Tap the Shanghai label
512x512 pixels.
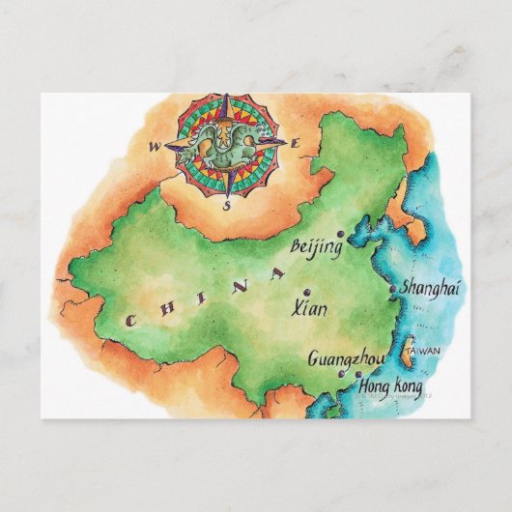pos(431,287)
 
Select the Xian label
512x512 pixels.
pos(309,309)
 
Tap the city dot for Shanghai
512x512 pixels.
pos(391,288)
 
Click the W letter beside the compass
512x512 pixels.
pos(155,148)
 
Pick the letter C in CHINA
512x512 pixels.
pos(128,320)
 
